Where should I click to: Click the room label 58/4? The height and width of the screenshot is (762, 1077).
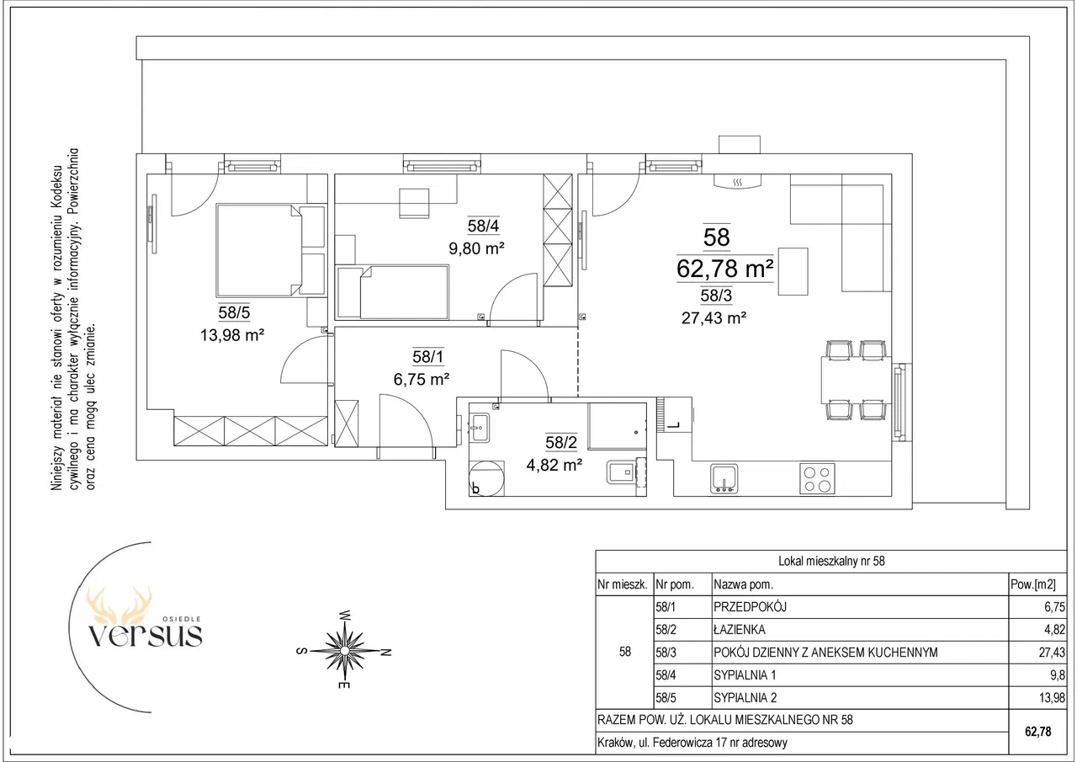coord(483,226)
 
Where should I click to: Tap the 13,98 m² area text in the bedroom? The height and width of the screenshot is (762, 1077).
coord(232,335)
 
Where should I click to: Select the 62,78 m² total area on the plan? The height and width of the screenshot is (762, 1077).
coord(724,269)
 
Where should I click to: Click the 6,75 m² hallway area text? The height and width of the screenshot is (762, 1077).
coord(422,380)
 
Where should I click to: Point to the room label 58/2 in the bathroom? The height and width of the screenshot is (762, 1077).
coord(561,442)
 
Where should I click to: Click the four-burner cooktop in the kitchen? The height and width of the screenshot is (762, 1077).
coord(817,478)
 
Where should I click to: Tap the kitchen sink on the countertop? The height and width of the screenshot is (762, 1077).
coord(724,478)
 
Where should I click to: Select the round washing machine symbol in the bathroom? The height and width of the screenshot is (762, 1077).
coord(486,478)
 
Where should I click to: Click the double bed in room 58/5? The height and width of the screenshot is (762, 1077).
coord(271,250)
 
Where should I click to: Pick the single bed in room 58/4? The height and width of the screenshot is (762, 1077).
coord(393,292)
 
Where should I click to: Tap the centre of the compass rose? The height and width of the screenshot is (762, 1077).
coord(344,651)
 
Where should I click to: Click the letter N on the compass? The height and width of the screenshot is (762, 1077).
coord(385,653)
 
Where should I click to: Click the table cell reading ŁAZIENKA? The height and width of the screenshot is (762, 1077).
coord(740,629)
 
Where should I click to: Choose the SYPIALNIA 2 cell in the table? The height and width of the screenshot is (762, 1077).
coord(745,697)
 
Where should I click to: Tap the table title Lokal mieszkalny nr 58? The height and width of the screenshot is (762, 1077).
coord(831,561)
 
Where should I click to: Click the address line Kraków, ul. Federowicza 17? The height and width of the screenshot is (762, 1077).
coord(692,743)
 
